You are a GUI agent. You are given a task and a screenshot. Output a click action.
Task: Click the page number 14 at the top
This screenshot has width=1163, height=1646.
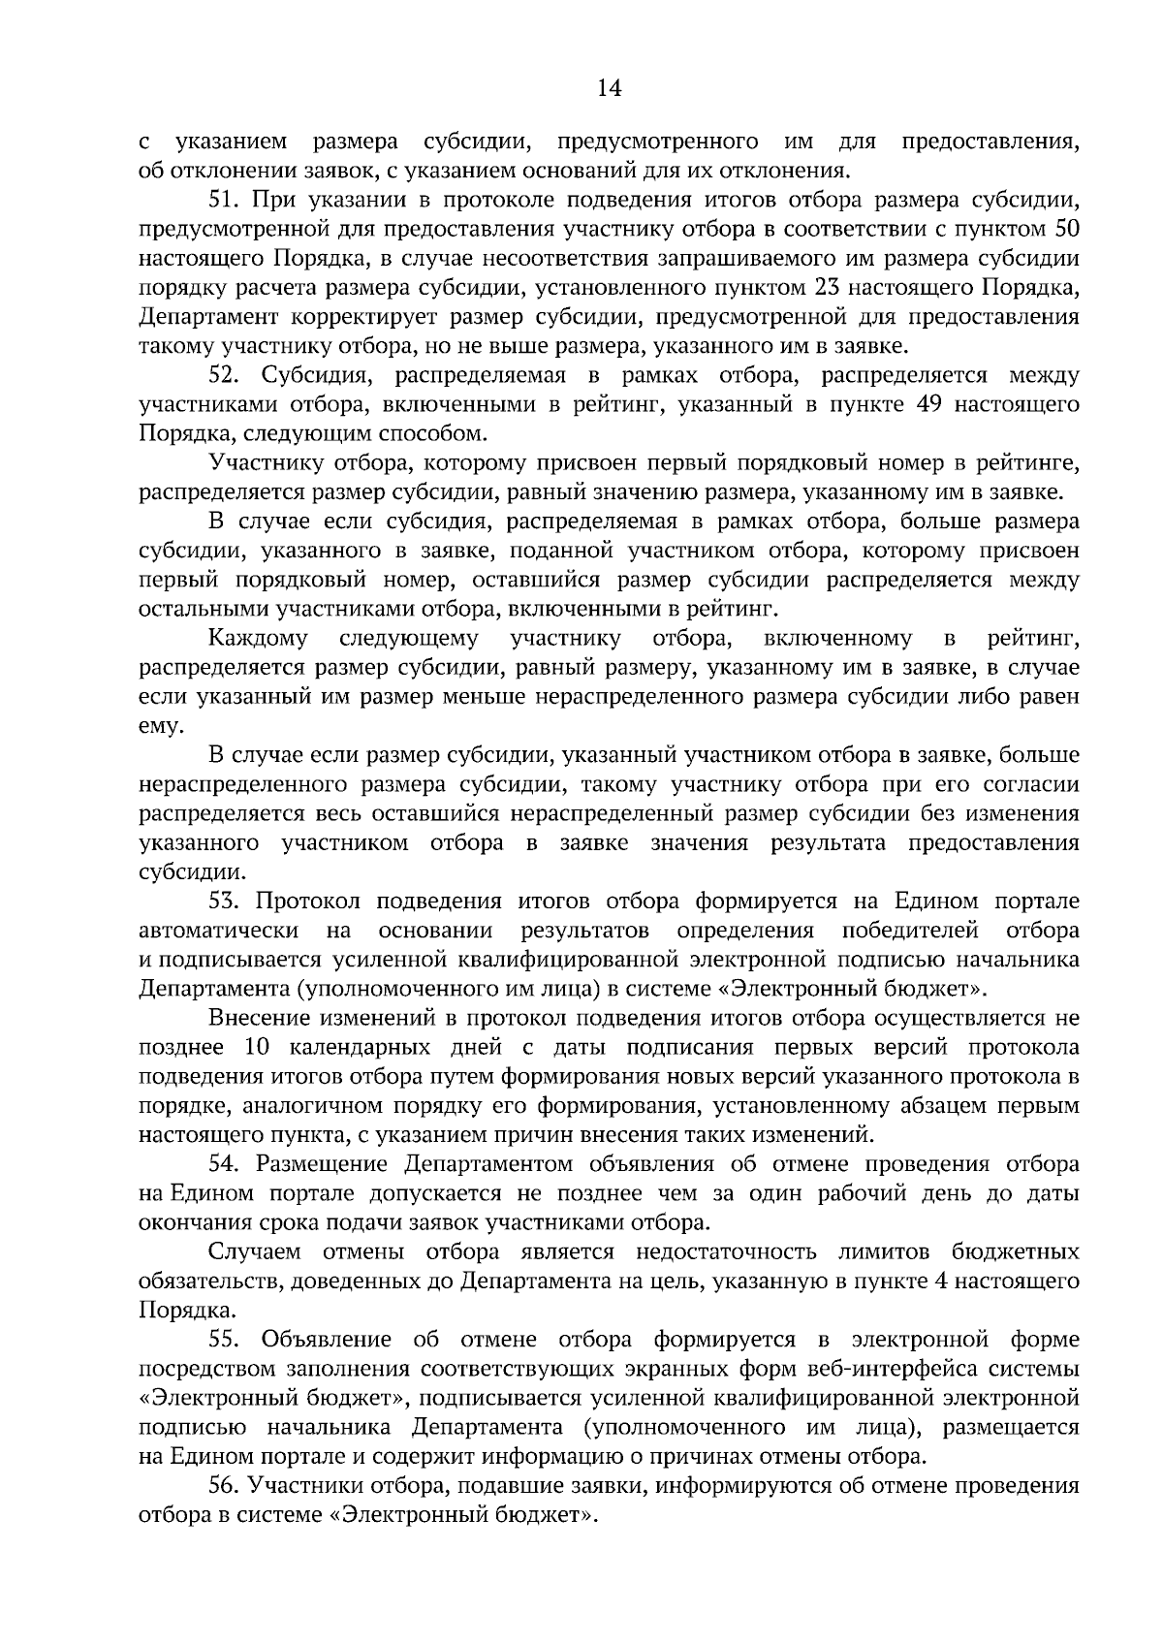click(609, 89)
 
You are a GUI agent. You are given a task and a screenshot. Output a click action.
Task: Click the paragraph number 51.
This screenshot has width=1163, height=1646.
click(225, 201)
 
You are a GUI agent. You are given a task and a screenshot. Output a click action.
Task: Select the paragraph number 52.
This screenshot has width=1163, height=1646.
click(225, 375)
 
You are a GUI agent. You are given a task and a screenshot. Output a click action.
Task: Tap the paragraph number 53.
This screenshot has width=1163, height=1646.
click(225, 901)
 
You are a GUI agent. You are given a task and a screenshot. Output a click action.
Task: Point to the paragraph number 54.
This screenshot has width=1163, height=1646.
click(225, 1164)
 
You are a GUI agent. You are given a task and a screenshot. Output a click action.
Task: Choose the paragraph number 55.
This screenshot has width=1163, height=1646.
click(225, 1340)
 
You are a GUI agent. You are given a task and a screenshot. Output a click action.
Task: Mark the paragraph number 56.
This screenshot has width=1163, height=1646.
click(225, 1485)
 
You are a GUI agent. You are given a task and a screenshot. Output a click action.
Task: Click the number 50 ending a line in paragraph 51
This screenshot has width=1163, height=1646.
click(1065, 230)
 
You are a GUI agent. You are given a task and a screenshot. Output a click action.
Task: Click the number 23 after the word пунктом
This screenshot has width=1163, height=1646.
click(819, 288)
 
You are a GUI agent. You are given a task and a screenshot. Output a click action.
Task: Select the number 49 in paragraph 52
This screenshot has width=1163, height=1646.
click(929, 404)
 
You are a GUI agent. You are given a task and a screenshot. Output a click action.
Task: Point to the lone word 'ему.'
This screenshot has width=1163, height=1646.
click(160, 727)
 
